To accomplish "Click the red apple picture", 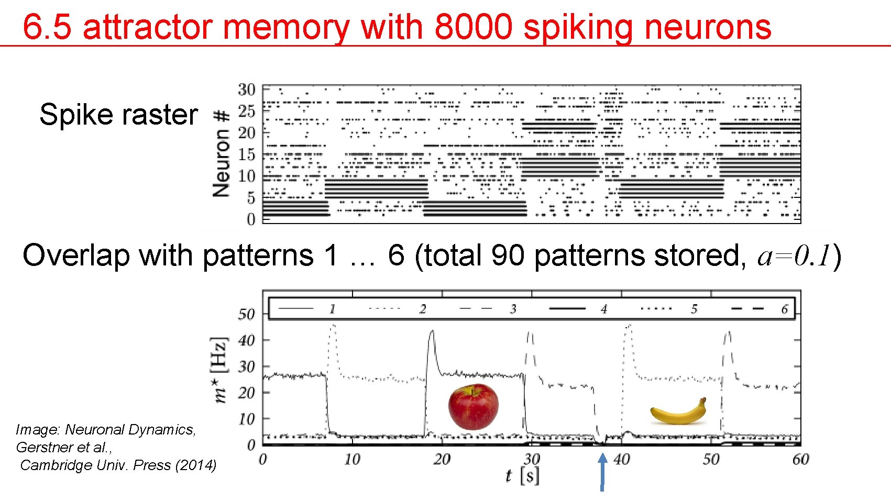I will pos(473,407).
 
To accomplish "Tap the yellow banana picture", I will pos(678,412).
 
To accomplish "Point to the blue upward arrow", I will pos(602,471).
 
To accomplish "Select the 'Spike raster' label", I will pos(118,115).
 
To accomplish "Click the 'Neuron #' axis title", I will pos(222,153).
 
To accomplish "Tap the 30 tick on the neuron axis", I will pos(246,90).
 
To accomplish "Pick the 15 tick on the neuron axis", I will pos(246,154).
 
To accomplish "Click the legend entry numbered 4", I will pos(603,309).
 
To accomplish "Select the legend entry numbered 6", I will pos(784,309).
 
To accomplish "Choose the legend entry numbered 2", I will pos(422,309).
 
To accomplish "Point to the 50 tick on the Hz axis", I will pos(246,314).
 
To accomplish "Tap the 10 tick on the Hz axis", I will pos(246,419).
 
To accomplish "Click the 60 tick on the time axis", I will pos(800,459).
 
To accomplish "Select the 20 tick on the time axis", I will pos(442,459).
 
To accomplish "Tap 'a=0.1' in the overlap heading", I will pos(794,255).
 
